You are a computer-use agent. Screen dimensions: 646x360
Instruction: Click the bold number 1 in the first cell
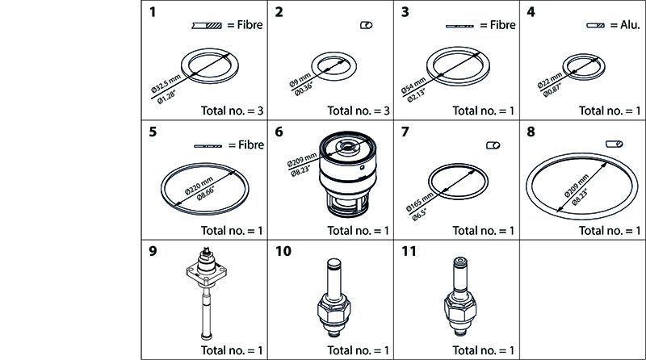[x=153, y=12]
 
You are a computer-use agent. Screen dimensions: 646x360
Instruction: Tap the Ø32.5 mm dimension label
[x=166, y=83]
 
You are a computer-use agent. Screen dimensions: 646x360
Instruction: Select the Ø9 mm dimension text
[x=300, y=79]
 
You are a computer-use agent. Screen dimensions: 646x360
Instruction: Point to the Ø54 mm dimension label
[x=413, y=85]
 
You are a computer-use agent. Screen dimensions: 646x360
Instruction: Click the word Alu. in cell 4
[x=631, y=25]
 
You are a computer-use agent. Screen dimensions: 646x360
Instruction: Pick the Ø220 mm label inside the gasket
[x=199, y=186]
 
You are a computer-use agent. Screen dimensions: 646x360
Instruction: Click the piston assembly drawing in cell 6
[x=348, y=174]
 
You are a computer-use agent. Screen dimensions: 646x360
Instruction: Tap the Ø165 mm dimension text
[x=420, y=201]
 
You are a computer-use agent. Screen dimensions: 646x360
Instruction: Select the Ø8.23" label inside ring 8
[x=579, y=196]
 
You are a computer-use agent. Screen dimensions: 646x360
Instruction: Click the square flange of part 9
[x=207, y=274]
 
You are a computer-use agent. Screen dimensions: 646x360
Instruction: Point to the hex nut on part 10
[x=334, y=308]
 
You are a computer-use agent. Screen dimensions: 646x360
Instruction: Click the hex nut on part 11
[x=460, y=308]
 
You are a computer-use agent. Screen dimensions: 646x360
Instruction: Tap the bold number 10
[x=283, y=251]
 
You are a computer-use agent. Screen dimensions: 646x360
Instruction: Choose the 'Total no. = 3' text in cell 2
[x=358, y=111]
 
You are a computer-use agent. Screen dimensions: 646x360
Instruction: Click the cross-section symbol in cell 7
[x=493, y=145]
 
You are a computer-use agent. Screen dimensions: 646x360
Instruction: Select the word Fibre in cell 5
[x=251, y=145]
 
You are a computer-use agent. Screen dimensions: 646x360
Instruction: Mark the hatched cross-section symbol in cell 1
[x=207, y=26]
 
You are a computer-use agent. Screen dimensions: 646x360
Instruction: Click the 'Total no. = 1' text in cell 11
[x=484, y=350]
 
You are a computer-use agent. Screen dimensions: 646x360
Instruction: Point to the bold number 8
[x=531, y=132]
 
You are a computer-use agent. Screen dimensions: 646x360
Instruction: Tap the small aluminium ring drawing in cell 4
[x=584, y=54]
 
